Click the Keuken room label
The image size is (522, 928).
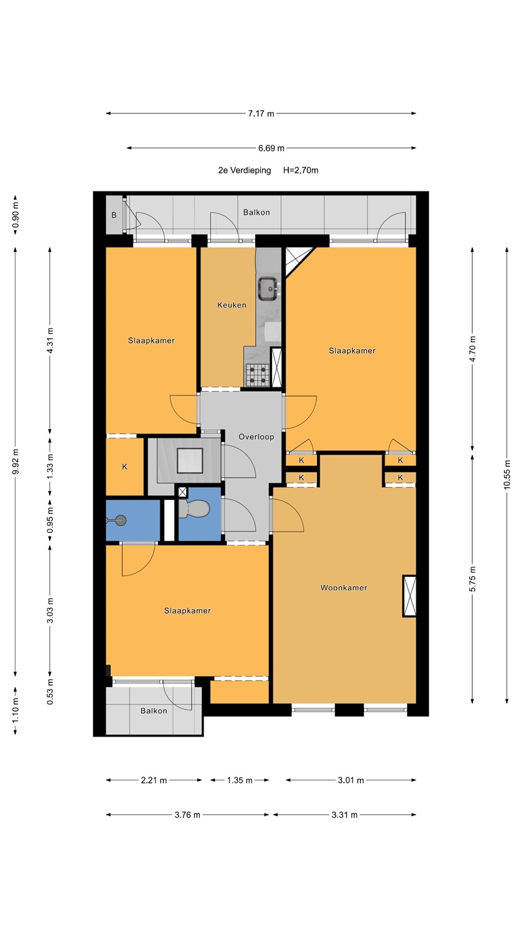(231, 305)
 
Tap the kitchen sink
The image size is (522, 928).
(269, 288)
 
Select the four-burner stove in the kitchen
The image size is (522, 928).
(258, 374)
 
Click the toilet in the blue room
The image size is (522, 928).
(195, 508)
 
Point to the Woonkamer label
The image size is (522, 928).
(344, 588)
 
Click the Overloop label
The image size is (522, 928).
(256, 437)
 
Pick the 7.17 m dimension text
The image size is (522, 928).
(261, 113)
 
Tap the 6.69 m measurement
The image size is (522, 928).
(271, 148)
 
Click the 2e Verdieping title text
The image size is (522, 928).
(244, 170)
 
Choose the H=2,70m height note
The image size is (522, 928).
(301, 170)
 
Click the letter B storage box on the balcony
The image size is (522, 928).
(114, 215)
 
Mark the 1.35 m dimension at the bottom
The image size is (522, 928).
(240, 780)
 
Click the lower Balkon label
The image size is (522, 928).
(153, 711)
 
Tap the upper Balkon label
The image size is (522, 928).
(256, 213)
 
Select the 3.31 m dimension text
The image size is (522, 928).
(344, 815)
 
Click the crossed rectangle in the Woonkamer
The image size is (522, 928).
(409, 596)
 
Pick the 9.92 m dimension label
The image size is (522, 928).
(15, 461)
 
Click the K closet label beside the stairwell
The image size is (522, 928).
(125, 467)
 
